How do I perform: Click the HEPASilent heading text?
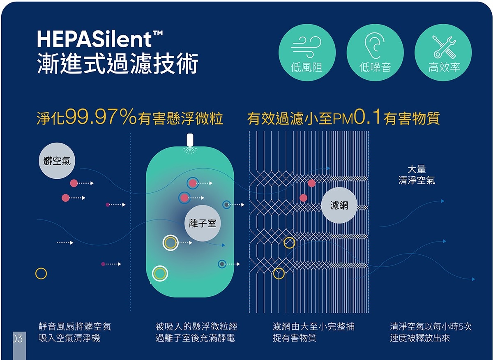[x=100, y=39]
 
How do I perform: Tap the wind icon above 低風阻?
[x=306, y=47]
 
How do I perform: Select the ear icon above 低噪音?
[x=375, y=45]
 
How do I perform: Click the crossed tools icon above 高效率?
[x=444, y=47]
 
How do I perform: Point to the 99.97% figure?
[x=101, y=117]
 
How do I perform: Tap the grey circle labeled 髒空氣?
[x=57, y=161]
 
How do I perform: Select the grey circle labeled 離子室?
[x=203, y=223]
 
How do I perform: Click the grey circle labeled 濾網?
[x=339, y=205]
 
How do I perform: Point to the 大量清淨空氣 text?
[x=417, y=175]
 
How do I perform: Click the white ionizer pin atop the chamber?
[x=190, y=140]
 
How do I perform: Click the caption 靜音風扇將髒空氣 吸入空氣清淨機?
[x=75, y=332]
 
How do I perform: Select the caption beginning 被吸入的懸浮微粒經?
[x=196, y=332]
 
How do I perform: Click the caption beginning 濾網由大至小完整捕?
[x=313, y=332]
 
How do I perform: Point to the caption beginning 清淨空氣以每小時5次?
[x=431, y=332]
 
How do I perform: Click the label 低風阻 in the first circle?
[x=306, y=67]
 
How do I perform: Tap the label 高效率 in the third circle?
[x=444, y=67]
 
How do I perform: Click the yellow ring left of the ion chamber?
[x=41, y=273]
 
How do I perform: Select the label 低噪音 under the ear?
[x=375, y=67]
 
